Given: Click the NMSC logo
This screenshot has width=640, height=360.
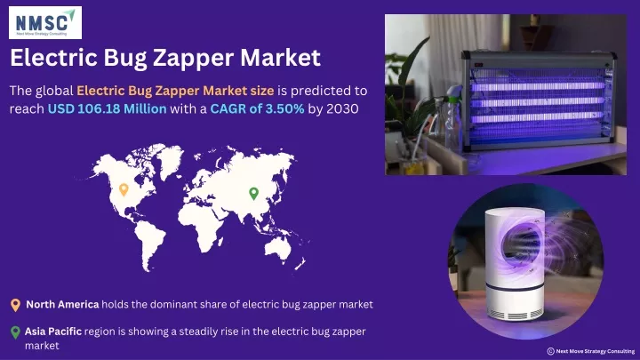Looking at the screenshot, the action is (45, 22).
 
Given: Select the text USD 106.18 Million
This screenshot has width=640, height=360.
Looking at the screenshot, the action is (108, 108).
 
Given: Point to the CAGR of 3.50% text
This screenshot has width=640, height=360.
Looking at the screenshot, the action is (257, 108).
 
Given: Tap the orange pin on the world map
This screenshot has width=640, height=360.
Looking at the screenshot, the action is (124, 189).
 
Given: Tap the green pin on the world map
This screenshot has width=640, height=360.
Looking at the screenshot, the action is (254, 194).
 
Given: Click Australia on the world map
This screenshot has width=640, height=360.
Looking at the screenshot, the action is (278, 247).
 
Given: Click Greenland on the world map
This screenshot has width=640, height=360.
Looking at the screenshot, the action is (171, 159).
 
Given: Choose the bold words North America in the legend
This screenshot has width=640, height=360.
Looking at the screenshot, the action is (62, 305).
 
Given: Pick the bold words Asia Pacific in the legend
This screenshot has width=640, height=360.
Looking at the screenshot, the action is (53, 332).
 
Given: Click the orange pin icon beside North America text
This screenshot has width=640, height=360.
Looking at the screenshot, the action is (15, 305).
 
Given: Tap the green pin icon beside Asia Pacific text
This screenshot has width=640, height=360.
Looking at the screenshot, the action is (15, 332).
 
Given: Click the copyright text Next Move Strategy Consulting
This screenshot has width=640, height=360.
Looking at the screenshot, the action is (595, 351).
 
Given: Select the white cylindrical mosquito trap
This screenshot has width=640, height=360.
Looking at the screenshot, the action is (515, 265).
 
